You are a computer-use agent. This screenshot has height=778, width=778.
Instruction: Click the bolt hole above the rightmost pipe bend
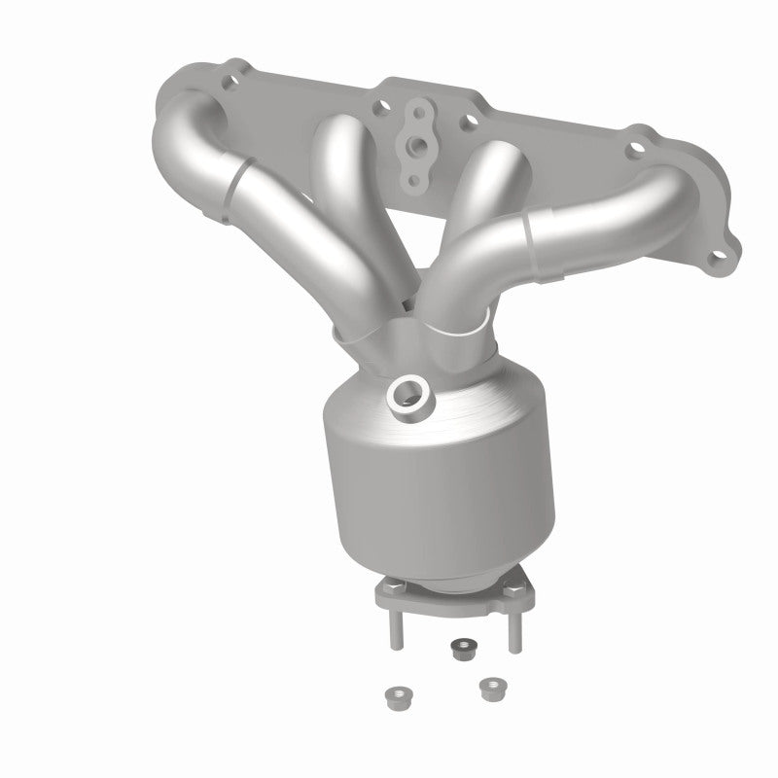click(x=636, y=151)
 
